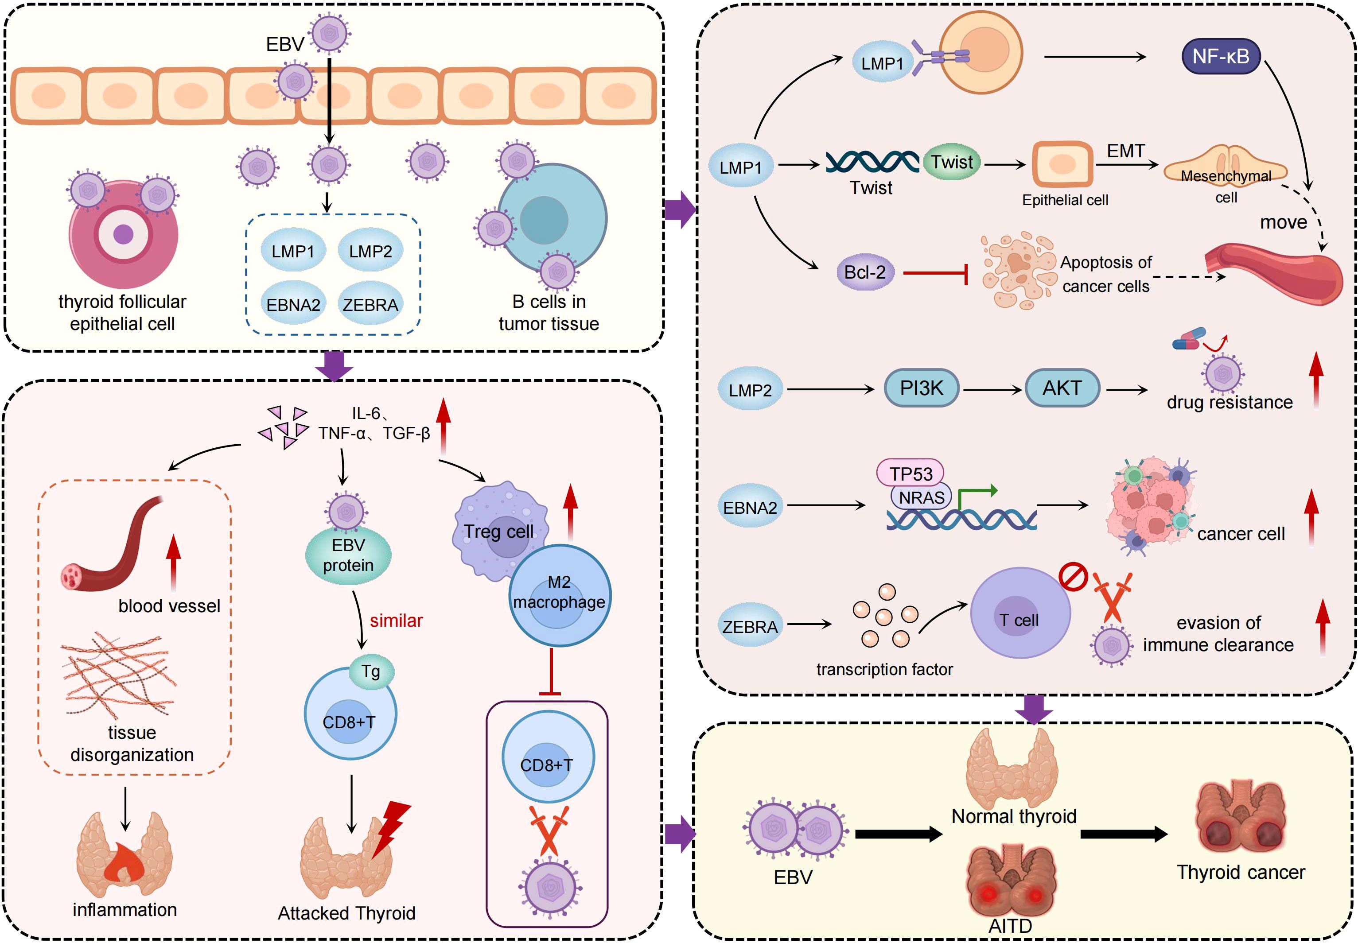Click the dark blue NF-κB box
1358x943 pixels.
tap(1220, 57)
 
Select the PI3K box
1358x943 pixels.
tap(921, 388)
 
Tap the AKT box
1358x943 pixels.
tap(1062, 388)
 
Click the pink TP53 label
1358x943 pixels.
tap(911, 473)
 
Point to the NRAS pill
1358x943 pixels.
tap(921, 497)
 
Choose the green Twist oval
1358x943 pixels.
tap(951, 162)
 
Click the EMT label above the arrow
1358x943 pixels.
tap(1125, 151)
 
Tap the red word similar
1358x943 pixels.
tap(396, 621)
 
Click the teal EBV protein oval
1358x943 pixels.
tap(348, 555)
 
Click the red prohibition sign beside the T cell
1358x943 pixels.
tap(1073, 577)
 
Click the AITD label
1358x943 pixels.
tap(1010, 926)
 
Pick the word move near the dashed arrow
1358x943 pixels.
tap(1284, 222)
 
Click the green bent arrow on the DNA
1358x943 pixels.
tap(975, 497)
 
